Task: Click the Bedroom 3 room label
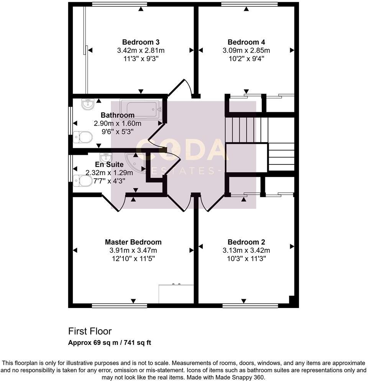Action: pyautogui.click(x=141, y=42)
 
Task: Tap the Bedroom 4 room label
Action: pyautogui.click(x=246, y=42)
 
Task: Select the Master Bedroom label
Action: pyautogui.click(x=133, y=242)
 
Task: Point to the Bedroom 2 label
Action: pyautogui.click(x=246, y=242)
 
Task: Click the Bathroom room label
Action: pyautogui.click(x=117, y=115)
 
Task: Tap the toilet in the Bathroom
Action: pyautogui.click(x=83, y=137)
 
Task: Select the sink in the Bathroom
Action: pyautogui.click(x=88, y=104)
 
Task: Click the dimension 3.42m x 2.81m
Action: pyautogui.click(x=141, y=50)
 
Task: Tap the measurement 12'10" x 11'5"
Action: pyautogui.click(x=133, y=258)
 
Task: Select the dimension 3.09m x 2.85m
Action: pyautogui.click(x=246, y=50)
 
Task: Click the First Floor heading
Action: pyautogui.click(x=90, y=331)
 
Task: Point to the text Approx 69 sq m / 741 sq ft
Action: pyautogui.click(x=110, y=343)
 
